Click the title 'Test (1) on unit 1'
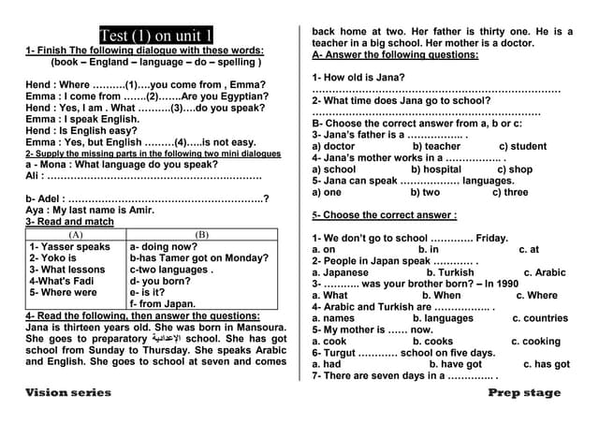(x=155, y=37)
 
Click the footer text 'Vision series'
(x=68, y=392)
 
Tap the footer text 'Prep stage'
(x=524, y=392)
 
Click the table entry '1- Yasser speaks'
(x=70, y=246)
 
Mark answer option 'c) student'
(x=522, y=146)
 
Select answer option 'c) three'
(x=509, y=192)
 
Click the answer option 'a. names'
(x=332, y=318)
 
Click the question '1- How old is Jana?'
(x=358, y=77)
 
